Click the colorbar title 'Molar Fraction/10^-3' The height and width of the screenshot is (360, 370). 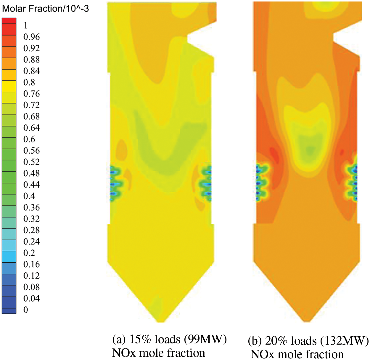click(45, 9)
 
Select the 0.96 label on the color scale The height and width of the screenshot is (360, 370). click(31, 37)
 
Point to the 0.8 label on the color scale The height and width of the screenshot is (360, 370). click(29, 82)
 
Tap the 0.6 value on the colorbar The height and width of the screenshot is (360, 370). click(29, 139)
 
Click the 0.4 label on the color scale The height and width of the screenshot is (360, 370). click(29, 196)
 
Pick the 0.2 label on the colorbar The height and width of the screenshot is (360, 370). click(29, 253)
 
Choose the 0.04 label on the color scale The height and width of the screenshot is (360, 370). click(31, 298)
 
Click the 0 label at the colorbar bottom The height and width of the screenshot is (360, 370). click(26, 310)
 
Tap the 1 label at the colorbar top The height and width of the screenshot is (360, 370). click(25, 25)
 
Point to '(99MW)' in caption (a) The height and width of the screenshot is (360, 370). click(205, 339)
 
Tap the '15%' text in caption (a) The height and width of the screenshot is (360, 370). click(140, 339)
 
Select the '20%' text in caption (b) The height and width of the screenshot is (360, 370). click(276, 341)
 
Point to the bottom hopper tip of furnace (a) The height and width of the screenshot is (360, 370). click(161, 321)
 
